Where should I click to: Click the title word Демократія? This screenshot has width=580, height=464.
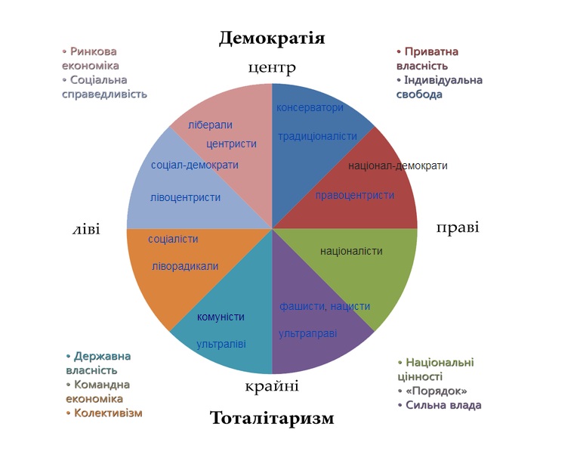[272, 38]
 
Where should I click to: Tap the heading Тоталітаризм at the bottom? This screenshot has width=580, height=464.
[272, 418]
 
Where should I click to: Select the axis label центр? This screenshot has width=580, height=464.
[272, 68]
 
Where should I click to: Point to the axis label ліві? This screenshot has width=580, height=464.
[86, 230]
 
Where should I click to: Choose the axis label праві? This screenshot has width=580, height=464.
[458, 227]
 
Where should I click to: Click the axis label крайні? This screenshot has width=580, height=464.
[272, 386]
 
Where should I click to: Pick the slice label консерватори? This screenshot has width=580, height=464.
[310, 107]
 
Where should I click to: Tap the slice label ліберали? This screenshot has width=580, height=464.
[210, 125]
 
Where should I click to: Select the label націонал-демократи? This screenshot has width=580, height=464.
[398, 165]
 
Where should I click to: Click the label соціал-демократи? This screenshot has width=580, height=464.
[195, 165]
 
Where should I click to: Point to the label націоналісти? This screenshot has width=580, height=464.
[351, 251]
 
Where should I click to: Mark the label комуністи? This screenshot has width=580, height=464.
[221, 317]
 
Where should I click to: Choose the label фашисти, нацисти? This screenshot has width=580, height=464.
[325, 306]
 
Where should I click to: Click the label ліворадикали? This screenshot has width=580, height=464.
[185, 267]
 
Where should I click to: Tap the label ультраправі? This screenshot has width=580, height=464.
[308, 334]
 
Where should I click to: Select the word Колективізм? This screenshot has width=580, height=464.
[108, 413]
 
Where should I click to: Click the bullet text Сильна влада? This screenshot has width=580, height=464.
[443, 405]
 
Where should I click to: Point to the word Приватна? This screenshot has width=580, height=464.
[432, 51]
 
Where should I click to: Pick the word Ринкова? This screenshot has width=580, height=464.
[93, 51]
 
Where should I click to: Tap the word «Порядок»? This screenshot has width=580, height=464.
[437, 391]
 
